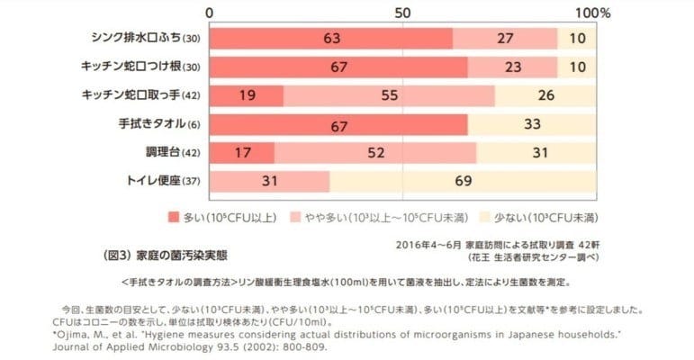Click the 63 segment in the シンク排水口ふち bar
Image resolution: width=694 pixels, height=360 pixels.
(x=331, y=39)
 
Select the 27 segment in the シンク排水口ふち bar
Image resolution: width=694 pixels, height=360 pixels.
(x=505, y=39)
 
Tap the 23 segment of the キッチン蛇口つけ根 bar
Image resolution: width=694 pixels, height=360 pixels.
(x=512, y=67)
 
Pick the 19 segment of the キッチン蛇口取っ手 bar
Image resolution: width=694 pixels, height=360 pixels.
(x=247, y=95)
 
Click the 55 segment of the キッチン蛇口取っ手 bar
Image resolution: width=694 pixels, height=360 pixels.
(x=389, y=95)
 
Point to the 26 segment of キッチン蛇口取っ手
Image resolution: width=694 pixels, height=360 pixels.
(x=545, y=95)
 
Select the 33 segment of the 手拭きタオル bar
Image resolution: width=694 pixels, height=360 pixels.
(x=531, y=124)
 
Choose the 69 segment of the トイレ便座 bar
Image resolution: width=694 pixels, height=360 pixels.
(x=463, y=182)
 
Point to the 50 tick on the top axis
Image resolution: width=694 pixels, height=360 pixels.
(x=402, y=13)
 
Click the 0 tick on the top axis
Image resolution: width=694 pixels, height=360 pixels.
(x=211, y=13)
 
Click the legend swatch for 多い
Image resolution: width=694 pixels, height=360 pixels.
(x=174, y=218)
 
